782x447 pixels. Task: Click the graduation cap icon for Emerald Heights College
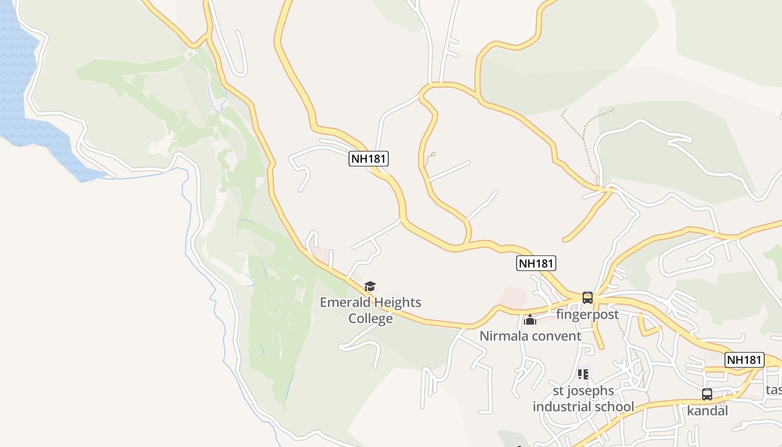[370, 287]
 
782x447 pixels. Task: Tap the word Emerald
[344, 303]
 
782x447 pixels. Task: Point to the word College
[370, 318]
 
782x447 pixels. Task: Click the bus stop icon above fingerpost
[587, 297]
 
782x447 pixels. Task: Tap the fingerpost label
[587, 315]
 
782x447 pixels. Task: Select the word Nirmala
[503, 336]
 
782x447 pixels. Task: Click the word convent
[555, 336]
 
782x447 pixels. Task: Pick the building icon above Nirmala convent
[530, 320]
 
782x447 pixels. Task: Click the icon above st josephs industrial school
[583, 374]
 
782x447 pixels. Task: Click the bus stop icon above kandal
[707, 394]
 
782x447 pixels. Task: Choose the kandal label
[707, 411]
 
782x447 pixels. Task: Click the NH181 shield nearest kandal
[744, 360]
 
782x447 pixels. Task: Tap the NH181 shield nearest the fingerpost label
[536, 264]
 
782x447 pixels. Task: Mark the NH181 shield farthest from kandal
[369, 159]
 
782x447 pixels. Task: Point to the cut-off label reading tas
[774, 389]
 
